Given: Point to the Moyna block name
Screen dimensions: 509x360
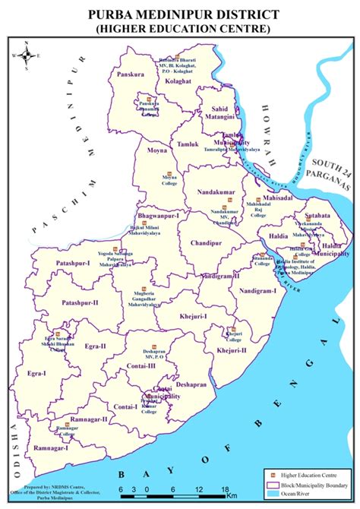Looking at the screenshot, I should click(156, 151).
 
